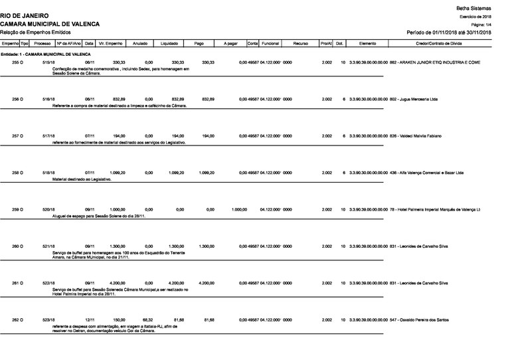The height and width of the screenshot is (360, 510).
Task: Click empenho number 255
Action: click(x=18, y=62)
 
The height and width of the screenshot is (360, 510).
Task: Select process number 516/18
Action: click(x=48, y=99)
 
